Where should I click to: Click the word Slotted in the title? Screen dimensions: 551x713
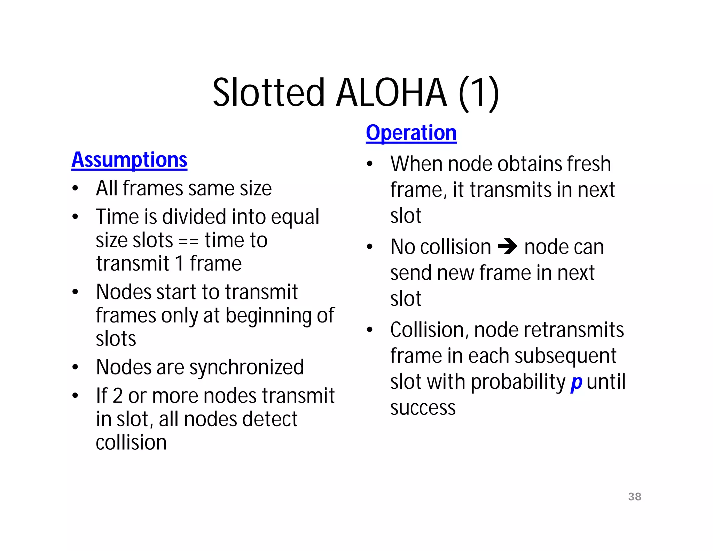(268, 93)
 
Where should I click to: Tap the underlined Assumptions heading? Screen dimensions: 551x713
(129, 160)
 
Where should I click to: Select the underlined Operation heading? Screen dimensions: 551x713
(411, 133)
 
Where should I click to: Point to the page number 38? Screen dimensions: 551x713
(635, 496)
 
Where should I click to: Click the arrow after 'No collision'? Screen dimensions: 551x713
(508, 247)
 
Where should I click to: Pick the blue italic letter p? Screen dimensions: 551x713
(576, 382)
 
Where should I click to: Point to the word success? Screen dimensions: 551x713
(423, 408)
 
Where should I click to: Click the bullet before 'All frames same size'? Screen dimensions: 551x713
(75, 188)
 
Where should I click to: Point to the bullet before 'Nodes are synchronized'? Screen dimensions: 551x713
(75, 367)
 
